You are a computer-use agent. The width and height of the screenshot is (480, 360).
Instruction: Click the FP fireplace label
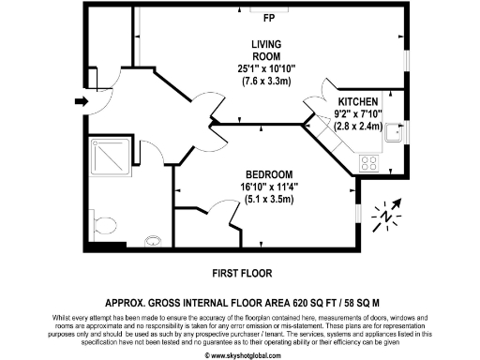point(268,18)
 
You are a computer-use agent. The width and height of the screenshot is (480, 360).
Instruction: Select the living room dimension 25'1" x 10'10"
point(268,67)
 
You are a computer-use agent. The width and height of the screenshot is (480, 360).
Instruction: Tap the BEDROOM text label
point(269,175)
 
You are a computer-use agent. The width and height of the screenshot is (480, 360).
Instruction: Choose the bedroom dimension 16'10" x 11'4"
point(269,187)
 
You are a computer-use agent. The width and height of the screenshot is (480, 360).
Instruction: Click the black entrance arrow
point(81,101)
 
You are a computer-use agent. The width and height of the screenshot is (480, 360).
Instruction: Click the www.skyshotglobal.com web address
point(240,354)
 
